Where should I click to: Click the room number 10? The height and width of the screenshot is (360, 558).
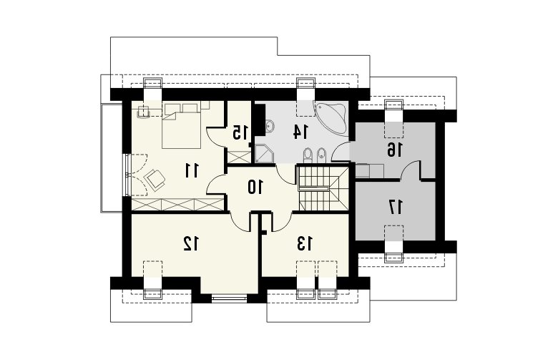(255, 187)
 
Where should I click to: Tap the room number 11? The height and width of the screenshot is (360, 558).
(192, 170)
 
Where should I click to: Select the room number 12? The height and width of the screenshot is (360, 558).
(191, 243)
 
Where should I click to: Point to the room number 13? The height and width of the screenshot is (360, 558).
(305, 243)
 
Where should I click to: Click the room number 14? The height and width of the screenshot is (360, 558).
(300, 131)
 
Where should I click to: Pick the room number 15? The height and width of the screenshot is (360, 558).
(240, 132)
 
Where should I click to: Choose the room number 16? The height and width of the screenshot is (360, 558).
(395, 150)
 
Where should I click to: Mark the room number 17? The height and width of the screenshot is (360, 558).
(396, 207)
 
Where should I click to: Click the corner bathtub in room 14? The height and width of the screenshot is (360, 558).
(331, 118)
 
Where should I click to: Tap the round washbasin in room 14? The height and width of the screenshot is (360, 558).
(270, 125)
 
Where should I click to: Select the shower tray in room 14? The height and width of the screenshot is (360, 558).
(264, 154)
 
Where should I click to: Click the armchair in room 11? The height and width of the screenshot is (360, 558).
(155, 179)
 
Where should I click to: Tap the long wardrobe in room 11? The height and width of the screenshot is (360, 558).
(177, 205)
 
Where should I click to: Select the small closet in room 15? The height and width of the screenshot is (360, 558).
(239, 157)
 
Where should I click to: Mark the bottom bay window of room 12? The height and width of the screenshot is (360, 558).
(229, 298)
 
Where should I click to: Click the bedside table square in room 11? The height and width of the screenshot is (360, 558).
(143, 111)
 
